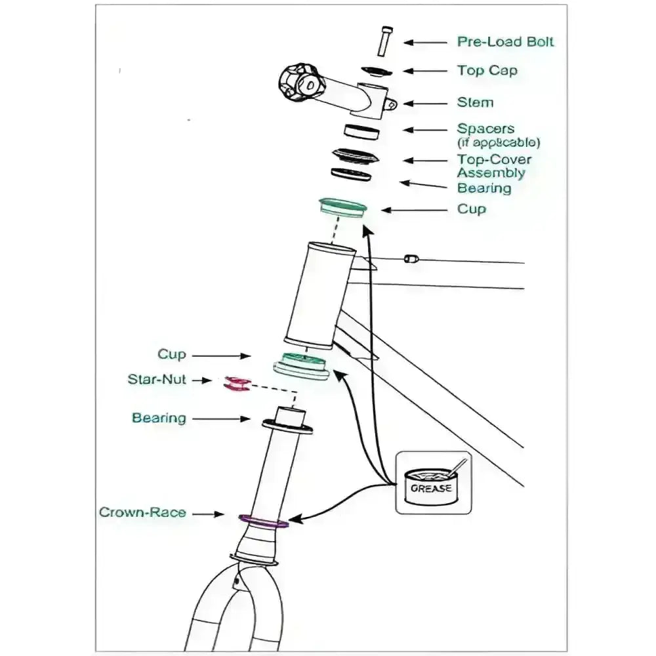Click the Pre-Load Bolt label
point(505,42)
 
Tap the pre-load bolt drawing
point(384,41)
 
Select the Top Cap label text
point(487,71)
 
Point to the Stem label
point(475,102)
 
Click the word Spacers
point(485,129)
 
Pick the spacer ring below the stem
point(362,131)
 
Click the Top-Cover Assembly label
point(494,166)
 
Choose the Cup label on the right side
point(472,209)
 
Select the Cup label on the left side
point(172,355)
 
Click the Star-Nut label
point(157,380)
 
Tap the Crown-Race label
point(142,512)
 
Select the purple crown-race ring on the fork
point(264,522)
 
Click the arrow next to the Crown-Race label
point(209,515)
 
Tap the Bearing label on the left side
point(159,418)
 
